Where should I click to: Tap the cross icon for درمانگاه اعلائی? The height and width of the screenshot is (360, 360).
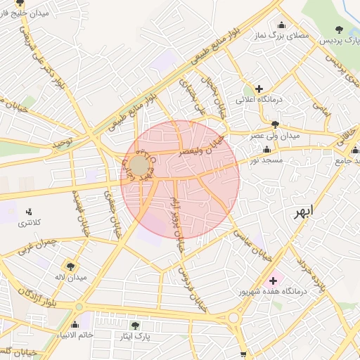(x=259, y=89)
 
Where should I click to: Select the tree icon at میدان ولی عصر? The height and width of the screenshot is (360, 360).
(x=274, y=124)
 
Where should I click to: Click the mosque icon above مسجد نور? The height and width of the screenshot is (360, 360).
(x=266, y=150)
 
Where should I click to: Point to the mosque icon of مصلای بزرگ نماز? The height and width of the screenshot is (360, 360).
(x=282, y=25)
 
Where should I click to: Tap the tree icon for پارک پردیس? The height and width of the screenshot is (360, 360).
(x=340, y=30)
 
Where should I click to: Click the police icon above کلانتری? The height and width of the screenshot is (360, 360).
(x=29, y=211)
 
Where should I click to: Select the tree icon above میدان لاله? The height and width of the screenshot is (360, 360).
(x=70, y=265)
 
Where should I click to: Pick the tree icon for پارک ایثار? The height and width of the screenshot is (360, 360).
(x=136, y=326)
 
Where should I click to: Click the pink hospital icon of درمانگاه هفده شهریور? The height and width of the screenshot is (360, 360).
(x=273, y=281)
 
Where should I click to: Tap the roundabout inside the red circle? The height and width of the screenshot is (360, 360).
(x=139, y=167)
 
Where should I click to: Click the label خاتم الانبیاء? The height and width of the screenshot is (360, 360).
(x=77, y=335)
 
